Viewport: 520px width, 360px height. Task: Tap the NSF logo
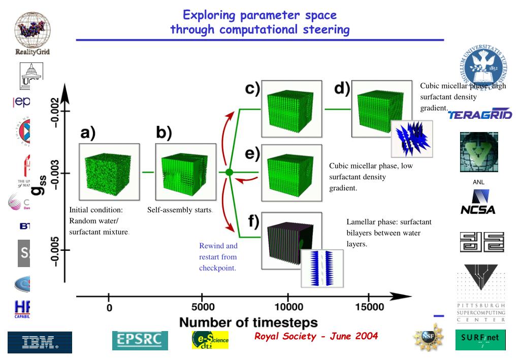pos(427,337)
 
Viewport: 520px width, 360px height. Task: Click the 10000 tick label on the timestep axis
pos(288,308)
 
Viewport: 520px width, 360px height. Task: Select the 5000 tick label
pos(202,308)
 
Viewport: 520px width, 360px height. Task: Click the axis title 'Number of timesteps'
pos(248,322)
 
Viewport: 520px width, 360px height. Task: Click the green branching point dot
pos(229,173)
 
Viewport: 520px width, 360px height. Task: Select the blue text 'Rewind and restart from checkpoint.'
pos(218,257)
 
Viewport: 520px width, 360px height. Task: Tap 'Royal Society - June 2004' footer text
pos(316,336)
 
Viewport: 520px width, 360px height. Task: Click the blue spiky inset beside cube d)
pos(411,138)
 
